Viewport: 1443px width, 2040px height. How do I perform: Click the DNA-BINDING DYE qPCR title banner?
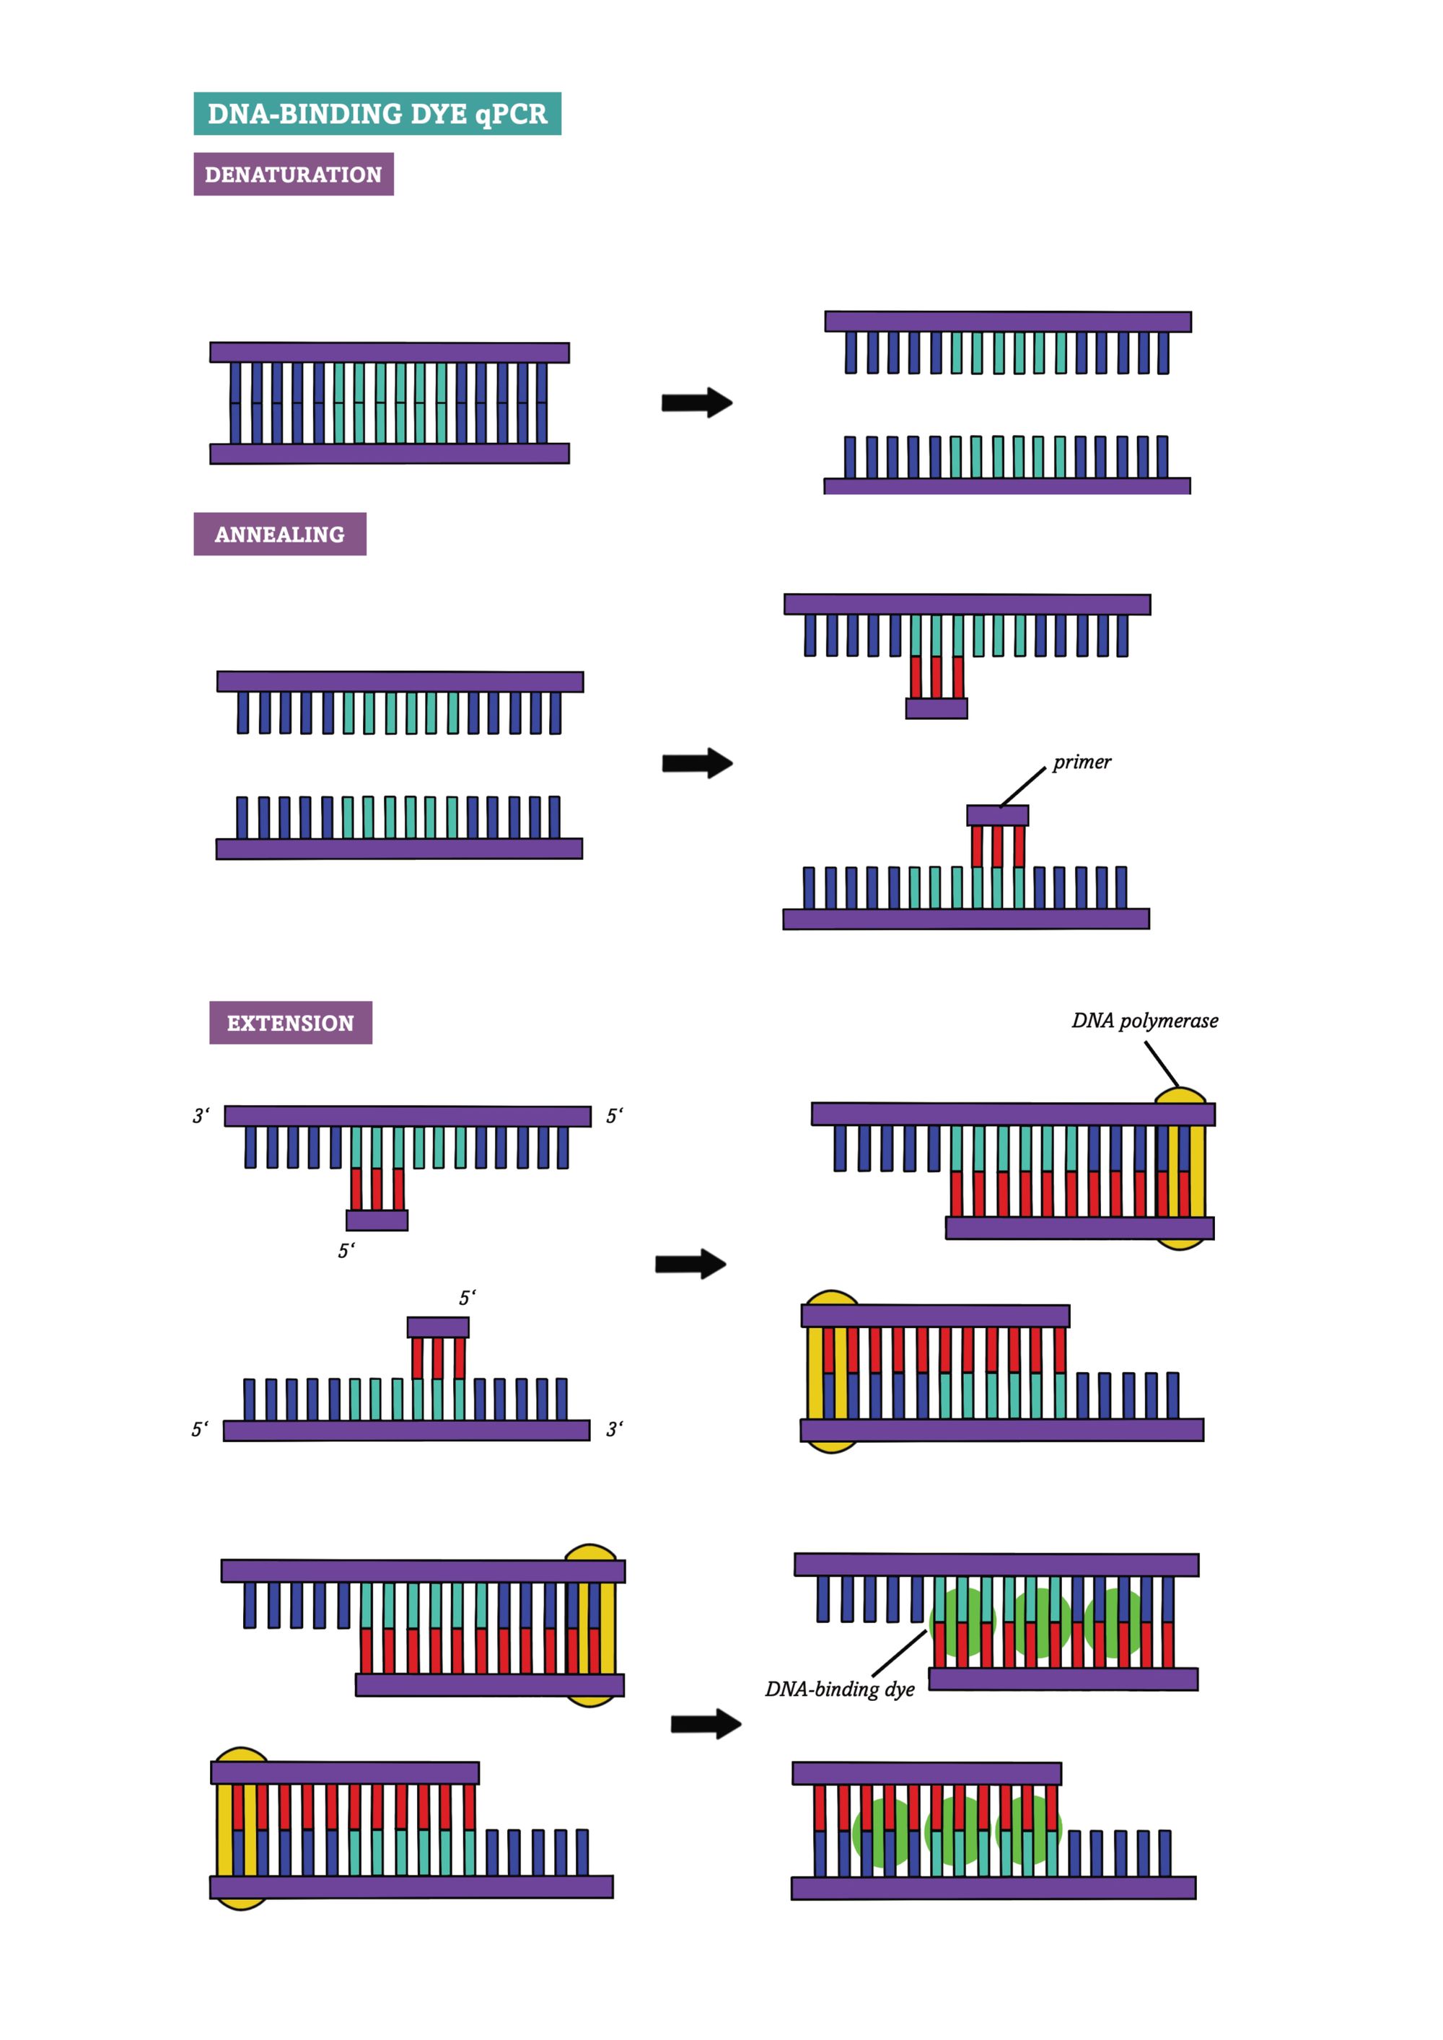[377, 114]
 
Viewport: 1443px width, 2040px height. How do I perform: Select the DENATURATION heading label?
[293, 174]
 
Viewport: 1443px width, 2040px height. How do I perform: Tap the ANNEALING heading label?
[280, 534]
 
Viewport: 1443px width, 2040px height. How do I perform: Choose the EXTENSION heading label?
[291, 1023]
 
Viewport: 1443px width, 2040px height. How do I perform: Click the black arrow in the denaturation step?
[697, 403]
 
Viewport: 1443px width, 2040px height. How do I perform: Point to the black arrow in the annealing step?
[697, 762]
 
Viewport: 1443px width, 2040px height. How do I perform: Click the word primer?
[1082, 762]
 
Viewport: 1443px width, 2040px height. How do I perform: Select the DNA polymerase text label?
[1144, 1020]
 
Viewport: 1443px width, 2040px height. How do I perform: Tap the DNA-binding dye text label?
[840, 1689]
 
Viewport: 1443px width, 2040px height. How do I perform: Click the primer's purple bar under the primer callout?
[997, 814]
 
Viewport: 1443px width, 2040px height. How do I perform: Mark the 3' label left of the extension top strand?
[201, 1116]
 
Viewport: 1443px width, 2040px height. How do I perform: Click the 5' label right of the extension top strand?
[615, 1116]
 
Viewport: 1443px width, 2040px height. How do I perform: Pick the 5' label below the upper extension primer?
[346, 1251]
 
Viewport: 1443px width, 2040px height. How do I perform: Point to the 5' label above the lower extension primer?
[468, 1298]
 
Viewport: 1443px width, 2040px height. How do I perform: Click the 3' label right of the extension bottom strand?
[615, 1430]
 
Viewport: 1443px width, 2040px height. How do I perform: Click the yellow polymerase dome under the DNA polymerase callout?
[1180, 1096]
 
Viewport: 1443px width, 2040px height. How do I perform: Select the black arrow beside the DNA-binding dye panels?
[706, 1725]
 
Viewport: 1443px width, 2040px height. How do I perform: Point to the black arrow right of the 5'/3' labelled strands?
[690, 1263]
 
